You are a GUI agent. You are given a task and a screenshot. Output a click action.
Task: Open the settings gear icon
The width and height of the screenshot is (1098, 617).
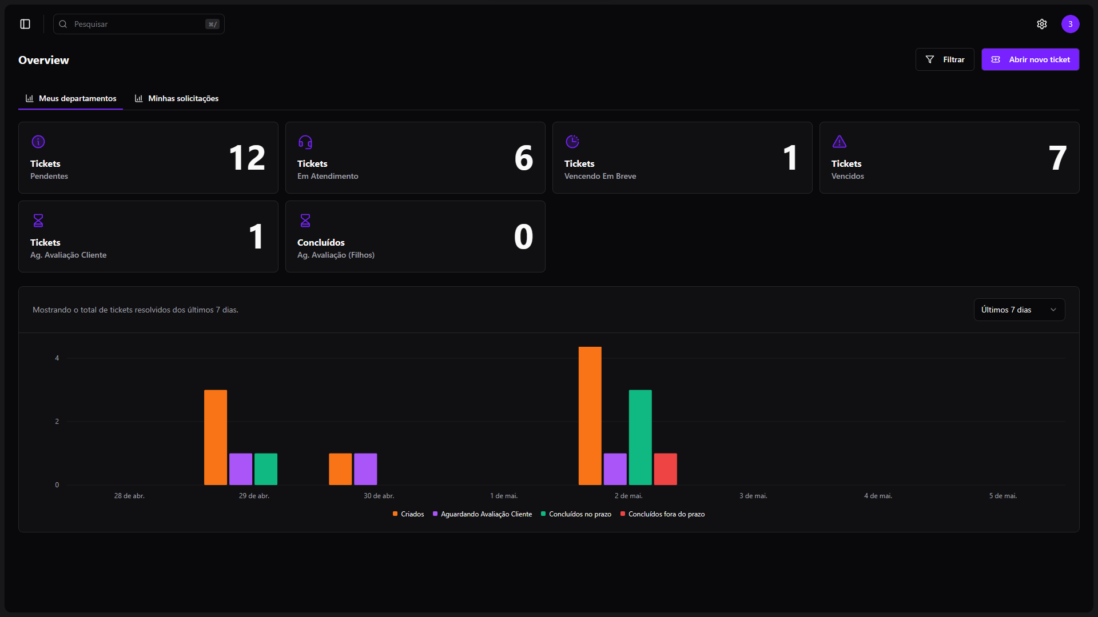[1042, 24]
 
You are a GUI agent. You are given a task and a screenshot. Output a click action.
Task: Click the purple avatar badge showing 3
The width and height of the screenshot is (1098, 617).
[1070, 24]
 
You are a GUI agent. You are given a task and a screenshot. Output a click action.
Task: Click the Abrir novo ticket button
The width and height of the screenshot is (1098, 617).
[1030, 59]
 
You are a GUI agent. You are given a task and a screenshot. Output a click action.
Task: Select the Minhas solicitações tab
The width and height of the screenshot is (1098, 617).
[177, 98]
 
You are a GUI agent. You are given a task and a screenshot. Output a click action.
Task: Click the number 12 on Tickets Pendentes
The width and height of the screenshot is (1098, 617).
[247, 158]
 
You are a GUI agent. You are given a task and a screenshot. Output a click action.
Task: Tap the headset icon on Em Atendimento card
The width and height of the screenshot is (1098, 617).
[305, 142]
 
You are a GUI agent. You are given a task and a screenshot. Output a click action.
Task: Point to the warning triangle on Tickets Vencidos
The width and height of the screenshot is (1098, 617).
[840, 142]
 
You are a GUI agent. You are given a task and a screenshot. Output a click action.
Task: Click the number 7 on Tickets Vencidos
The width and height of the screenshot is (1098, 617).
[1057, 158]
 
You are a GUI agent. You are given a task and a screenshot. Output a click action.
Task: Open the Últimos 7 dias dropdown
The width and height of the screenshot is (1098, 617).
[1019, 310]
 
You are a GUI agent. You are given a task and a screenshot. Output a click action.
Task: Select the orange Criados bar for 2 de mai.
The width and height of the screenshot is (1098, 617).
[590, 416]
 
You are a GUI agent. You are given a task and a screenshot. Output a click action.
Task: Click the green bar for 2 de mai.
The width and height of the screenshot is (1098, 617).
[640, 437]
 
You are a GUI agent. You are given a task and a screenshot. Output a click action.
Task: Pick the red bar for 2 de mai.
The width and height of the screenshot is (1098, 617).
[665, 469]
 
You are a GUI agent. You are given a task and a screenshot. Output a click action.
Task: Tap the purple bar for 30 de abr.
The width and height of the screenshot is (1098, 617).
[365, 469]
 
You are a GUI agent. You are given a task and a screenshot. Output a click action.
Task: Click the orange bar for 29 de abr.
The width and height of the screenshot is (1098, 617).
[216, 437]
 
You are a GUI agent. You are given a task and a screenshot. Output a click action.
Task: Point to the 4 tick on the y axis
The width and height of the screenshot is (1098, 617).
[57, 358]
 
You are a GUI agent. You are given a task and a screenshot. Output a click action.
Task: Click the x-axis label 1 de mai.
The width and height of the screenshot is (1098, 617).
[504, 496]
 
